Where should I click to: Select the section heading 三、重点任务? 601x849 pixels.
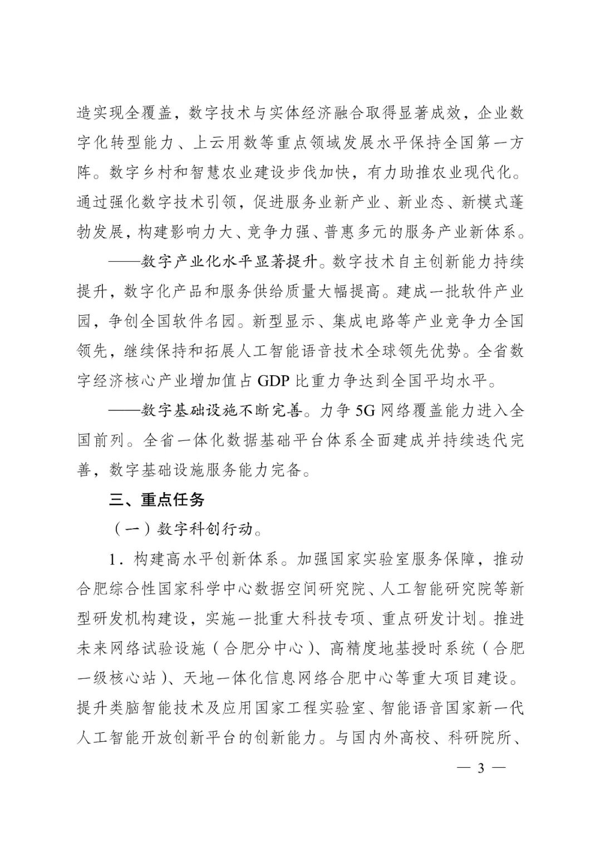157,499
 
